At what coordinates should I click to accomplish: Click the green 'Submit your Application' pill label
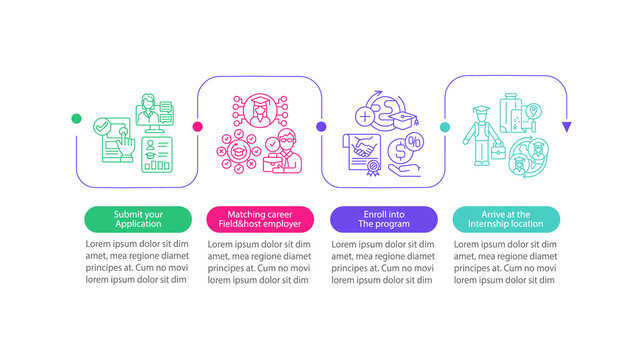(137, 218)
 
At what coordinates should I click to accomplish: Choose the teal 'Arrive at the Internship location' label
(506, 218)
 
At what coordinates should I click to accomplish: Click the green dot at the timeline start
(75, 119)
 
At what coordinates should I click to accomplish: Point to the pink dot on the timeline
(198, 126)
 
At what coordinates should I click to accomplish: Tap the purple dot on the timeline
(321, 126)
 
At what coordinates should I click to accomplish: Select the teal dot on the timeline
(444, 126)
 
